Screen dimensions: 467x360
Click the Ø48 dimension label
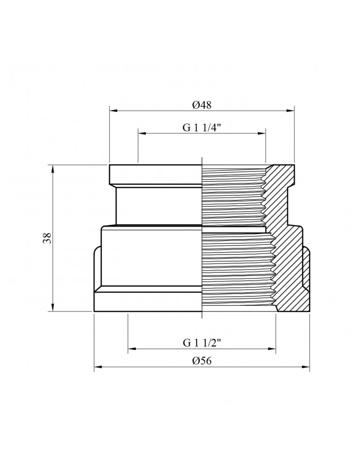pyautogui.click(x=202, y=105)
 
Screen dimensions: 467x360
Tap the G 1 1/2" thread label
pyautogui.click(x=202, y=343)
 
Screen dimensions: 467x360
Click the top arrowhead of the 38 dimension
pyautogui.click(x=53, y=168)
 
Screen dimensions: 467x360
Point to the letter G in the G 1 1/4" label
pyautogui.click(x=185, y=128)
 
